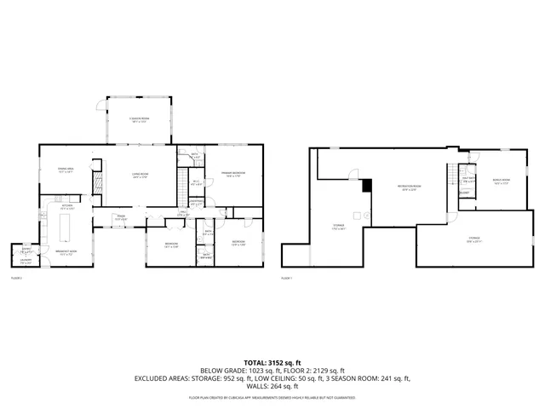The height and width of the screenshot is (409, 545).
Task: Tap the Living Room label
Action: (140, 176)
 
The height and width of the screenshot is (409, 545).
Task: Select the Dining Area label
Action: (66, 170)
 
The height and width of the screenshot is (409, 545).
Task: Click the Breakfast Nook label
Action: (67, 252)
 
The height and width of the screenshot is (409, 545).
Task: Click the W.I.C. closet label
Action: (195, 181)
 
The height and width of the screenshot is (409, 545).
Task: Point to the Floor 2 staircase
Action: (181, 182)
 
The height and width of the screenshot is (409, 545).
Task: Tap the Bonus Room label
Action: (501, 181)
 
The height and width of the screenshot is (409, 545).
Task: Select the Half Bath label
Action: (467, 180)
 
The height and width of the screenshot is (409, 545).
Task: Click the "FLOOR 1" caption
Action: (286, 278)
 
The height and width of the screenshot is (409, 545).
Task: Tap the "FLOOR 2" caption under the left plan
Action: (16, 278)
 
